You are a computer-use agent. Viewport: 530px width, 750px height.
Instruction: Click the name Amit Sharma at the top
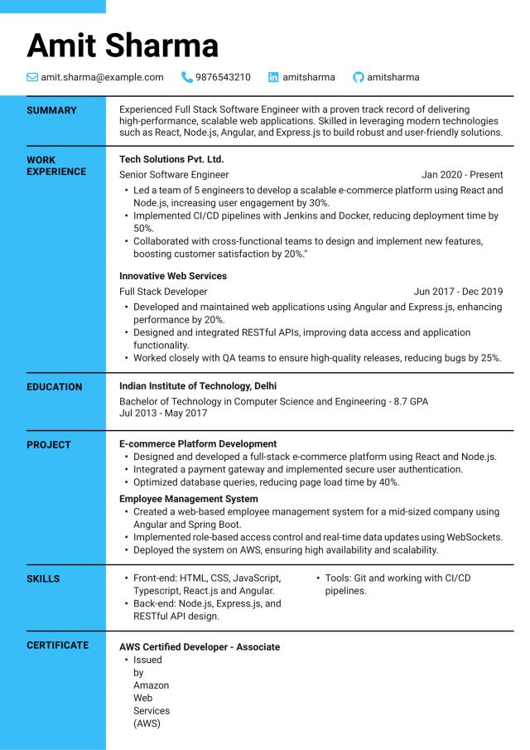[x=123, y=45]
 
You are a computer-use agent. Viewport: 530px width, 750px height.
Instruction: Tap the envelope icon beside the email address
[x=32, y=77]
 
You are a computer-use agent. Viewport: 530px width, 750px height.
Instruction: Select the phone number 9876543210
[x=223, y=77]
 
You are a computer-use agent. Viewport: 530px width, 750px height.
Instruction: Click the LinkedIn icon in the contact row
[x=273, y=77]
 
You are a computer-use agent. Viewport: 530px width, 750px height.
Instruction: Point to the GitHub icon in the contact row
[x=358, y=77]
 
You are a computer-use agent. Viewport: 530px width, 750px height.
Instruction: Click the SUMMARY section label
[x=51, y=110]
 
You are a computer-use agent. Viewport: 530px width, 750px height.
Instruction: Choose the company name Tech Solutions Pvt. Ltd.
[x=171, y=158]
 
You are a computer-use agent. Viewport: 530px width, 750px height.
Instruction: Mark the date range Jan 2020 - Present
[x=462, y=175]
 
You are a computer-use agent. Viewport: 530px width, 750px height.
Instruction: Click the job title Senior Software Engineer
[x=174, y=175]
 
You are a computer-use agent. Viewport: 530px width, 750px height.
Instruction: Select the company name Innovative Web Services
[x=173, y=276]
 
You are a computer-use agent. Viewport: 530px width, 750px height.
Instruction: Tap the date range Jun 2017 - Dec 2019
[x=458, y=292]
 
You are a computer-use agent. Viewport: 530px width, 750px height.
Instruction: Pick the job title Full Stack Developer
[x=163, y=292]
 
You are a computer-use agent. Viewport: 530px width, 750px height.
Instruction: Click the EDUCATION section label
[x=55, y=387]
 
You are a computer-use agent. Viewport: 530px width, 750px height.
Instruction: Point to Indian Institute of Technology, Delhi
[x=198, y=386]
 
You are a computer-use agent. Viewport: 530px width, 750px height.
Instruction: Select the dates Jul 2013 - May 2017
[x=163, y=413]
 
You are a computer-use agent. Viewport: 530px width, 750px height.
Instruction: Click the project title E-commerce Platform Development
[x=198, y=444]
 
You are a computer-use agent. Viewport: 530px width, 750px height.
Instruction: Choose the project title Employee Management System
[x=189, y=499]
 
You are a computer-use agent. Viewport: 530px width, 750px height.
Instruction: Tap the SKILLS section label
[x=43, y=579]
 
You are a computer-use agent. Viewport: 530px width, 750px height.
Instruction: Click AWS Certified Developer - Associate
[x=200, y=646]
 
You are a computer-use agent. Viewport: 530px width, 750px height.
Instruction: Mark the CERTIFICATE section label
[x=57, y=646]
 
